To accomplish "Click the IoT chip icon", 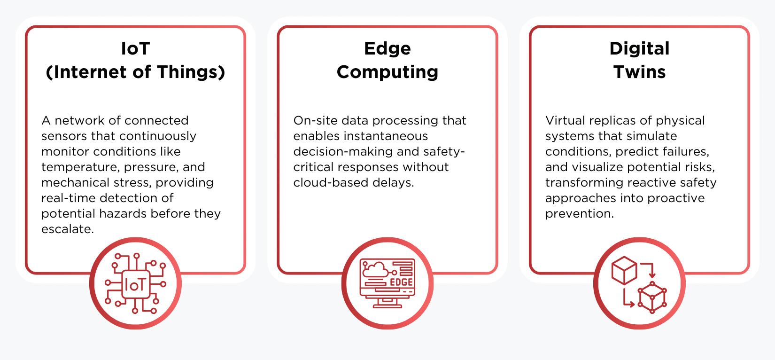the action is pos(135,283).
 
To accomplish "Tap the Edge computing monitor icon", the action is pos(387,283).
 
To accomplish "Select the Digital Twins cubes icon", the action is pos(639,284).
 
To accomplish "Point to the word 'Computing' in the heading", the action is pos(387,72).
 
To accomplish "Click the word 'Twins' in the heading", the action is pos(639,72).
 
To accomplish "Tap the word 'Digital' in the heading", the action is pos(639,48).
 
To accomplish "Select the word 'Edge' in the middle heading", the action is pos(387,48).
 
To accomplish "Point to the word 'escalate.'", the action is pos(68,229).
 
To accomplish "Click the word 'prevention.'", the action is pos(579,213).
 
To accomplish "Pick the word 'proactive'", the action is pos(676,198).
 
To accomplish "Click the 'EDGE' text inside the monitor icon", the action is pos(402,282).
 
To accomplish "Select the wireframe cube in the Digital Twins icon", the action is pos(652,297).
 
